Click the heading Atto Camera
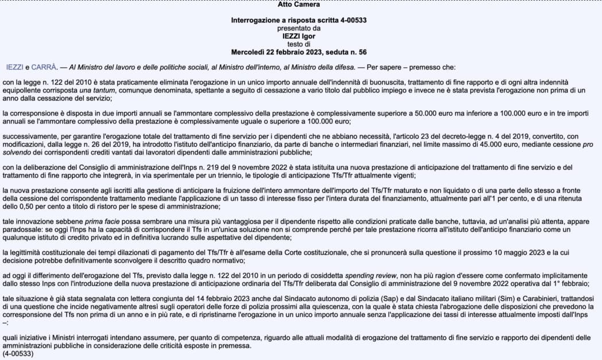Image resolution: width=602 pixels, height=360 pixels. [298, 5]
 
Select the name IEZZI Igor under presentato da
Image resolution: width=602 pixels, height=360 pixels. [298, 36]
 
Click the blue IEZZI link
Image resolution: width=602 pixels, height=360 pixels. [15, 67]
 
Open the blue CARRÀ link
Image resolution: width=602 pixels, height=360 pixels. [44, 67]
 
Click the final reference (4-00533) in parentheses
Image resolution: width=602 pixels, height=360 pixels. [18, 354]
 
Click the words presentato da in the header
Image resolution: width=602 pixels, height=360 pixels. [298, 28]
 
